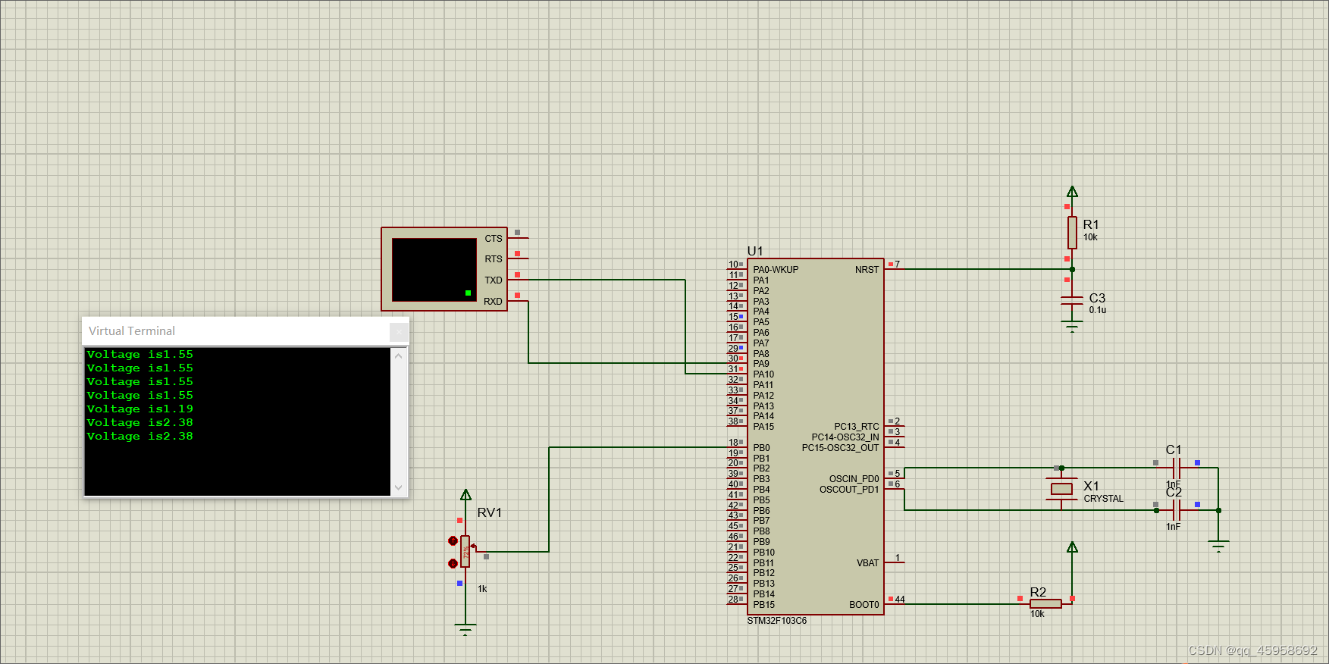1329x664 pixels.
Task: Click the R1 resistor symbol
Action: [x=1072, y=232]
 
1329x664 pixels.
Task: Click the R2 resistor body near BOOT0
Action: [x=1045, y=603]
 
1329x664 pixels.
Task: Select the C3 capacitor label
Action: [x=1097, y=298]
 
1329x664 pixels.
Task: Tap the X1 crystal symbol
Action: [x=1061, y=489]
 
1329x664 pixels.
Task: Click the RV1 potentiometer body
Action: [x=465, y=551]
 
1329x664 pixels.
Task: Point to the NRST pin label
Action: [x=867, y=270]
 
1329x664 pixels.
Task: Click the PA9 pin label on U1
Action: [x=761, y=364]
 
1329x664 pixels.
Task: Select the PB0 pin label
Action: [x=761, y=448]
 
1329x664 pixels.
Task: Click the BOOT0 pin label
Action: [x=864, y=605]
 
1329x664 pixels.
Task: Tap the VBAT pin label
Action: [x=867, y=563]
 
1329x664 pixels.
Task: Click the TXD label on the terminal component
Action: [x=494, y=280]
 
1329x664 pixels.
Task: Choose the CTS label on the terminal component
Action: [x=494, y=239]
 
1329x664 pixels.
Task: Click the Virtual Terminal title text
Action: [x=132, y=331]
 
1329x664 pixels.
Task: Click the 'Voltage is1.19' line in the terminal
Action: [x=140, y=409]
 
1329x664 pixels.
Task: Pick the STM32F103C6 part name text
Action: [x=777, y=621]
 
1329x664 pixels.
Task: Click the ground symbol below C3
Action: [x=1072, y=327]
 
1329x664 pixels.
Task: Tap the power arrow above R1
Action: [x=1072, y=192]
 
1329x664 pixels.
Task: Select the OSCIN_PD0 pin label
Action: [x=854, y=479]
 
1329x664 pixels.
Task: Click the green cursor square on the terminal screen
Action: [x=468, y=293]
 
